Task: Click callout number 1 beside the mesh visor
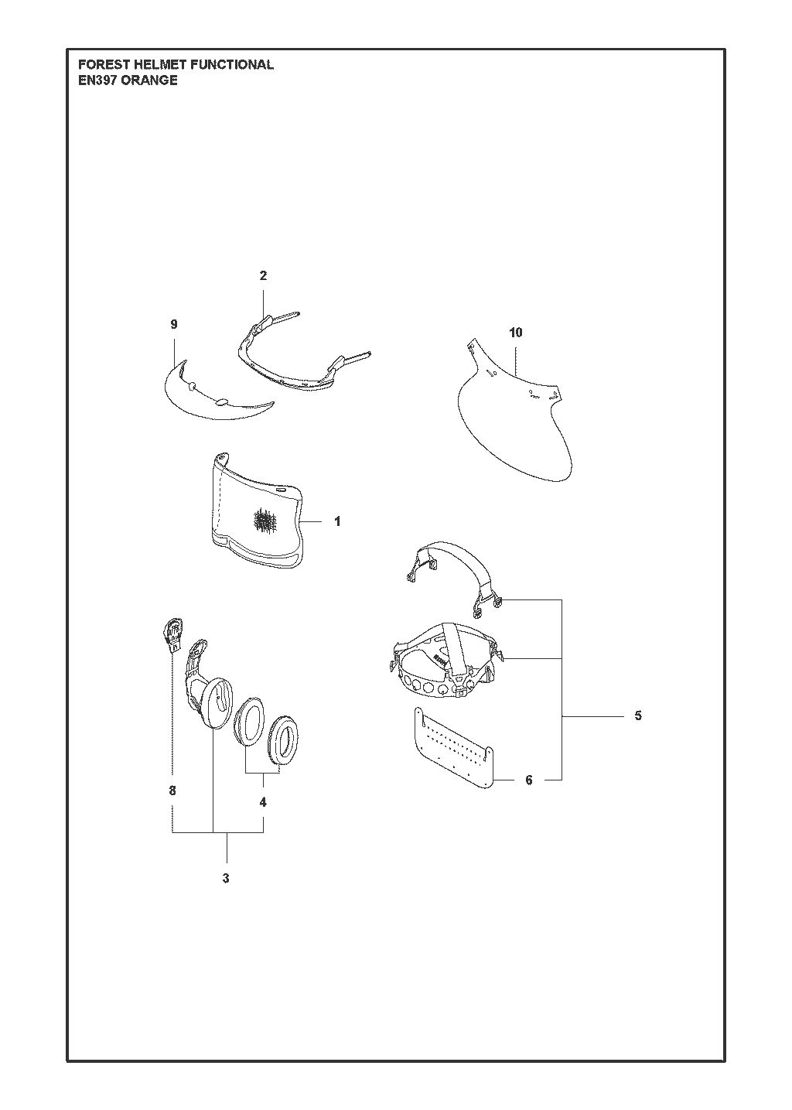point(337,521)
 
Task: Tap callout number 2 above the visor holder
point(263,275)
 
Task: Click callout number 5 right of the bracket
point(638,716)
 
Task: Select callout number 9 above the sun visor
point(174,325)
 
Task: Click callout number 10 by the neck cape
point(516,333)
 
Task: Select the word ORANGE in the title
point(149,80)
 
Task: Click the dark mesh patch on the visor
point(267,520)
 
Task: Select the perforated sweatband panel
point(452,748)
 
